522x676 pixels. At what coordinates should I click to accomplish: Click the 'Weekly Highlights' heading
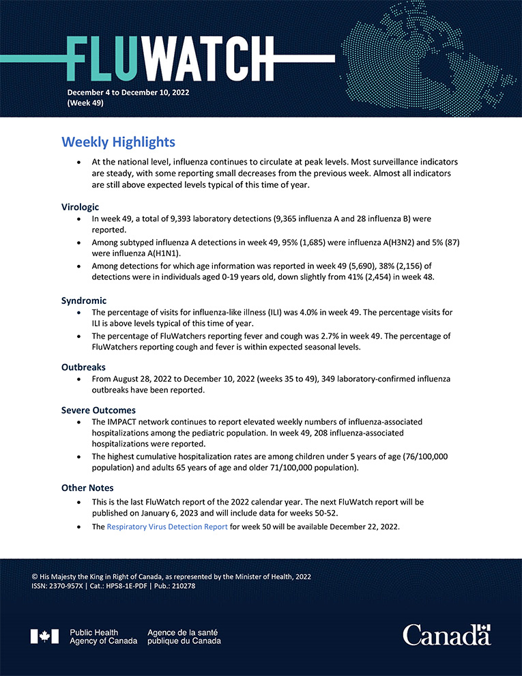[118, 142]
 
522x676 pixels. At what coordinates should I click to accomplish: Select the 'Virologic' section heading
[81, 206]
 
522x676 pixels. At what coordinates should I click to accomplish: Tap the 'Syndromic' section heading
[83, 300]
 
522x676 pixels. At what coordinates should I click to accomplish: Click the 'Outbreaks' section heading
[83, 367]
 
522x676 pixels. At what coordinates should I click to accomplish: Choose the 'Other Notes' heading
[87, 488]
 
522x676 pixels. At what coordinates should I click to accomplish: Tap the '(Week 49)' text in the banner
[85, 102]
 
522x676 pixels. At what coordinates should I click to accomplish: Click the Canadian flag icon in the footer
[44, 636]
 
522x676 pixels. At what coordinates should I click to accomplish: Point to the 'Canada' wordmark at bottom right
[446, 635]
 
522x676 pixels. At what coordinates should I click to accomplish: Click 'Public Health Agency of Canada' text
[103, 636]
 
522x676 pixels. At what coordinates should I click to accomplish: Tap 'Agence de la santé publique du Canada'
[184, 636]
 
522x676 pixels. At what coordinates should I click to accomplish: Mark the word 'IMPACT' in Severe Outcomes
[123, 423]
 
